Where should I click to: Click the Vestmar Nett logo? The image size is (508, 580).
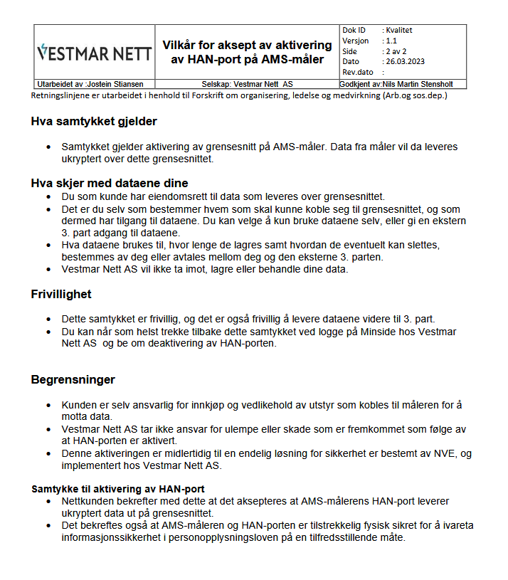tap(93, 53)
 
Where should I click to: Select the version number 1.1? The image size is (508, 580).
tap(391, 41)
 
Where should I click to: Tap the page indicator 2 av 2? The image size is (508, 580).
tap(396, 51)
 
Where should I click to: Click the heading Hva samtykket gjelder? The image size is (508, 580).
tap(94, 122)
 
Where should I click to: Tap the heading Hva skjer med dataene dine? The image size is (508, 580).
tap(109, 183)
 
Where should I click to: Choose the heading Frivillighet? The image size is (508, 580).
tap(61, 294)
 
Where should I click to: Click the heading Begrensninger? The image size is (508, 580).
tap(73, 380)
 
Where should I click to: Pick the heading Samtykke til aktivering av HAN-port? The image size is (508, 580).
tap(118, 489)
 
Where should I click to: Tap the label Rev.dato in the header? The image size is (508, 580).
tap(358, 73)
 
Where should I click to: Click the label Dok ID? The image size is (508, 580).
tap(354, 31)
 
